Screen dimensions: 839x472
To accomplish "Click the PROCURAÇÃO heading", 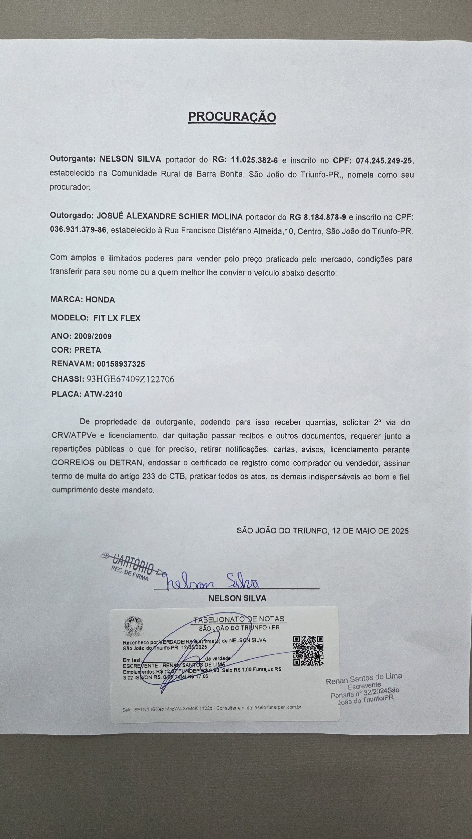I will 232,117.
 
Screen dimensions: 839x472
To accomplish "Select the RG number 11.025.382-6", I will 254,160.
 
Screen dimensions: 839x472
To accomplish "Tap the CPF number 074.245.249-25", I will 384,161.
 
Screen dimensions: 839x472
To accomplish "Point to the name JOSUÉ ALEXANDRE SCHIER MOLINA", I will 170,216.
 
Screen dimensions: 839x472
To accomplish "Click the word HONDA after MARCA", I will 100,300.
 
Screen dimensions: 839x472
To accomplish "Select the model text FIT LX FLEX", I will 117,318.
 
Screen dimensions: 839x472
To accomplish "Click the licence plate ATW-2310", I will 103,394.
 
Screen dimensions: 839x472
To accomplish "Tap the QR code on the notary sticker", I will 308,650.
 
